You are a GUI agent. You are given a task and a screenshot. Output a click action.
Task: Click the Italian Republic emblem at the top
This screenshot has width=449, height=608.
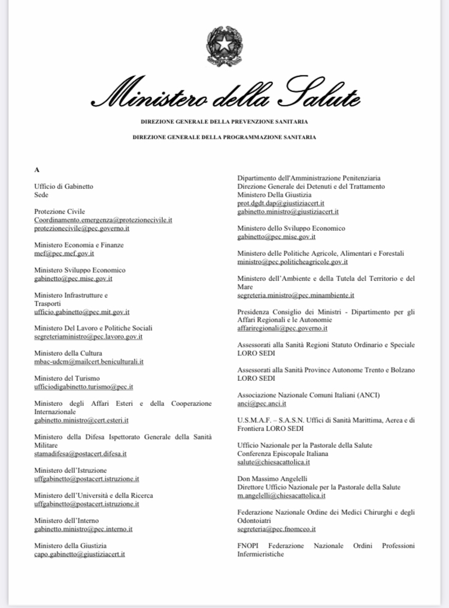point(224,46)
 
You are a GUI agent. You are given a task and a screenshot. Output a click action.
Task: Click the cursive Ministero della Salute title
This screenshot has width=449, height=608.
point(224,94)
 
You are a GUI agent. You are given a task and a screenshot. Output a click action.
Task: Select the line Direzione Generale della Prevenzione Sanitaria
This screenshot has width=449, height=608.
point(224,121)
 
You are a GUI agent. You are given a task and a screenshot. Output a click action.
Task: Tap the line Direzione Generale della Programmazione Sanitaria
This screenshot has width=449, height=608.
point(224,137)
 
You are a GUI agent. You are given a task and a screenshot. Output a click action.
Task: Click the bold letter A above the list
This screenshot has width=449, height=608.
point(37,170)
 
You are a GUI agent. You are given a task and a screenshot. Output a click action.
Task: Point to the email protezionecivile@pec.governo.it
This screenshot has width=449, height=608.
point(82,228)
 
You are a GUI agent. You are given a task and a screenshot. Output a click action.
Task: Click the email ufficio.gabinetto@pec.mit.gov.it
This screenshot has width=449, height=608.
point(82,311)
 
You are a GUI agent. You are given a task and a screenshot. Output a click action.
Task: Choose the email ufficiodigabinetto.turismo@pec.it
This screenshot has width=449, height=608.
point(84,387)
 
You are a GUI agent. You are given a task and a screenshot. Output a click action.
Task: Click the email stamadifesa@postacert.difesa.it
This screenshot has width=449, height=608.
point(80,454)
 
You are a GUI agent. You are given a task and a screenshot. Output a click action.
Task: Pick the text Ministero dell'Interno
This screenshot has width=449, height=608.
point(66,521)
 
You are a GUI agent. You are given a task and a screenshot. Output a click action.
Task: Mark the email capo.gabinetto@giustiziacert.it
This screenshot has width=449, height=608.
point(80,554)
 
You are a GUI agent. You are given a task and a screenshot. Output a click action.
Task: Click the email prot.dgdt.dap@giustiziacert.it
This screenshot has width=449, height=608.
point(281,203)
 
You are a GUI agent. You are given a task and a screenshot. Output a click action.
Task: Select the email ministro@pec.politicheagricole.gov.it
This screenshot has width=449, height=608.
point(293,262)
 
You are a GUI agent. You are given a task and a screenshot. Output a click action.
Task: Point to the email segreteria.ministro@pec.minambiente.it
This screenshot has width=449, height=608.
point(296,295)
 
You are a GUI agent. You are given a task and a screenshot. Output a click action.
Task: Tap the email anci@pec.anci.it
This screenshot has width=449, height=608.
point(261,404)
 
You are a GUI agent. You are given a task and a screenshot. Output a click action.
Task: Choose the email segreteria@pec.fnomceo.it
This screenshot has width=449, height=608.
point(277,529)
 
